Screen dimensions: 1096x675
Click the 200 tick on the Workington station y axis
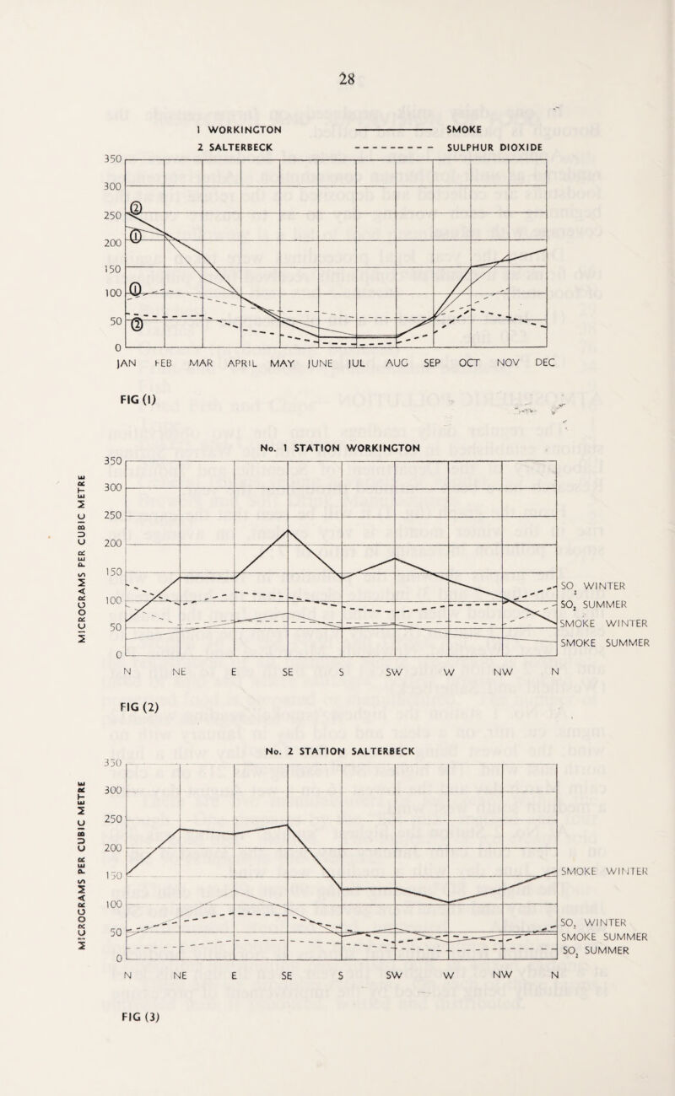click(x=113, y=544)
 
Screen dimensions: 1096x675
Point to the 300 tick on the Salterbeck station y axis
click(x=113, y=791)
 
